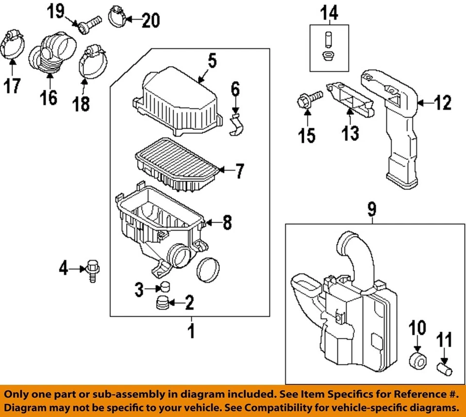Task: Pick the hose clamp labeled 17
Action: pyautogui.click(x=14, y=47)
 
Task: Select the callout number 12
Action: pyautogui.click(x=442, y=103)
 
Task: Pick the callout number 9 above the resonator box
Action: pyautogui.click(x=371, y=210)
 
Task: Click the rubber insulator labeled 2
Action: pyautogui.click(x=162, y=304)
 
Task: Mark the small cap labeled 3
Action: pyautogui.click(x=165, y=287)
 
